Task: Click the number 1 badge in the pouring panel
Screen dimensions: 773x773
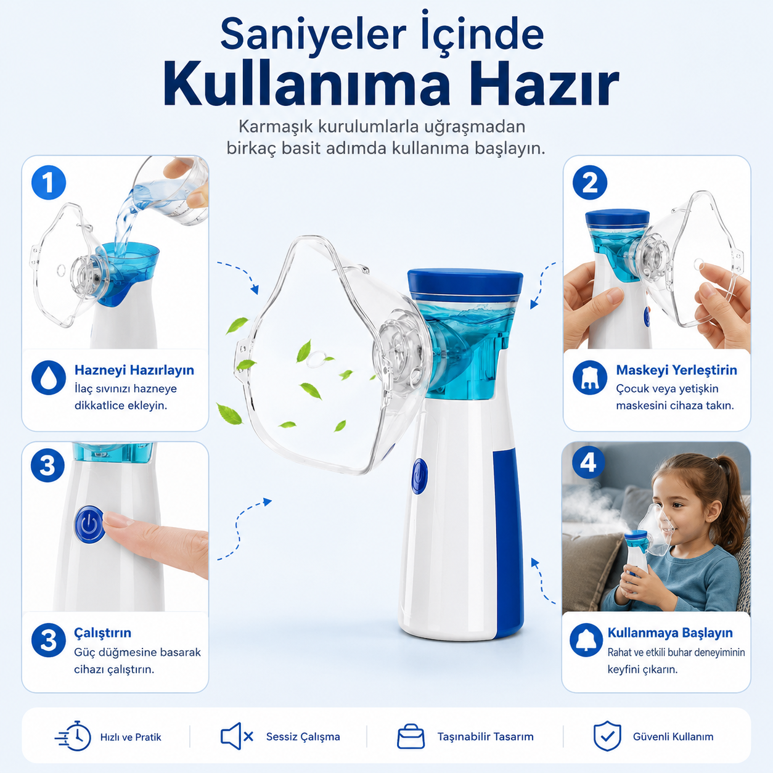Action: click(49, 183)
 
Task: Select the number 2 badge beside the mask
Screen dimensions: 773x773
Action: click(590, 182)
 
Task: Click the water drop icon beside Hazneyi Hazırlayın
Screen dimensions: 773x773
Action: click(49, 377)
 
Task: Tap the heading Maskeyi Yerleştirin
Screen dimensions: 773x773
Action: click(676, 370)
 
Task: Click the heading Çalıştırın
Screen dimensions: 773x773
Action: click(103, 633)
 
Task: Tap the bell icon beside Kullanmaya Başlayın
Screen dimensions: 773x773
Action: click(586, 640)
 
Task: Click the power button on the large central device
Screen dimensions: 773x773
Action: click(420, 476)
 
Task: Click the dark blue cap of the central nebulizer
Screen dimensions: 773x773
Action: click(465, 285)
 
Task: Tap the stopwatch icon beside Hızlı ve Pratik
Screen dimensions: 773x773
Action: click(73, 736)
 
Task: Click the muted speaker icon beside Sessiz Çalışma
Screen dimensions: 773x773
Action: click(237, 736)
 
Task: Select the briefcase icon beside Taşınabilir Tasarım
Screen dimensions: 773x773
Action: click(411, 737)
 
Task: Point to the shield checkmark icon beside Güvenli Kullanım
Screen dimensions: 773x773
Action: click(607, 735)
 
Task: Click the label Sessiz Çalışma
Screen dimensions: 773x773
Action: click(303, 737)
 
